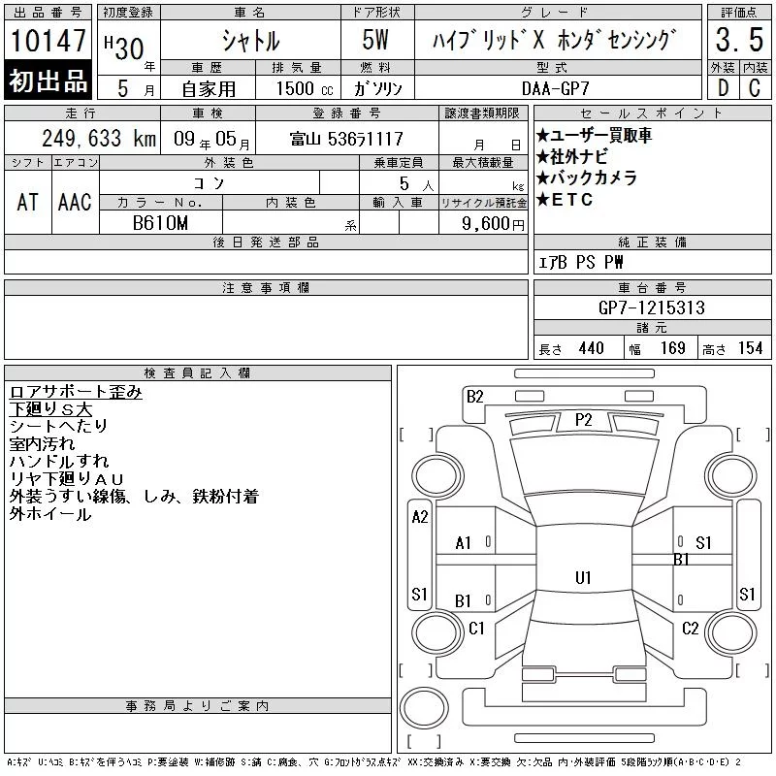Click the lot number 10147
pyautogui.click(x=48, y=40)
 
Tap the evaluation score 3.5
pyautogui.click(x=739, y=40)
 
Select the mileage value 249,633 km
pyautogui.click(x=99, y=138)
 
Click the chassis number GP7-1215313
pyautogui.click(x=651, y=307)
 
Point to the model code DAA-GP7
pyautogui.click(x=556, y=88)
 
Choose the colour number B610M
pyautogui.click(x=160, y=223)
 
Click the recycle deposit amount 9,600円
pyautogui.click(x=493, y=224)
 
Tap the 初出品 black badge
pyautogui.click(x=48, y=81)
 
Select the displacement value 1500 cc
pyautogui.click(x=305, y=88)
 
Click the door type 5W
pyautogui.click(x=375, y=40)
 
